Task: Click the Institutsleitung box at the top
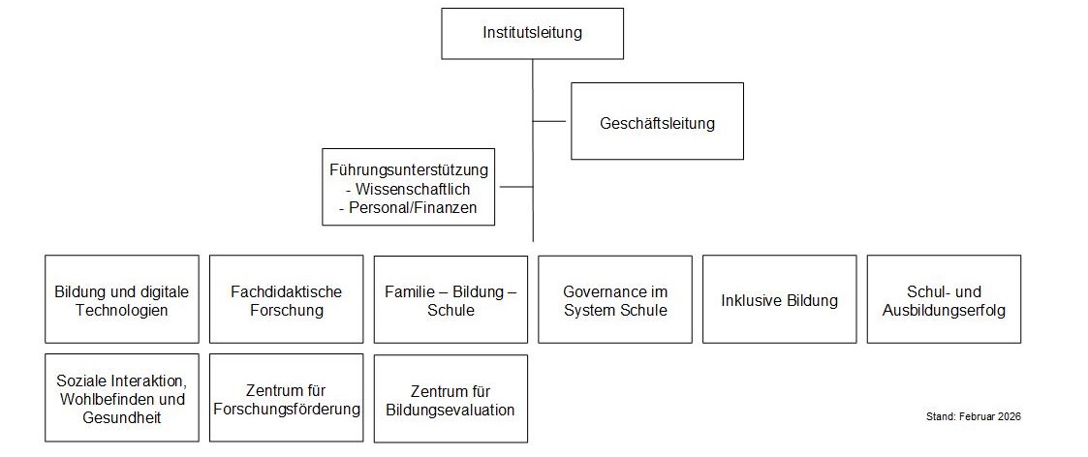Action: pyautogui.click(x=532, y=33)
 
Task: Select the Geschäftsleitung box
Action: pyautogui.click(x=657, y=121)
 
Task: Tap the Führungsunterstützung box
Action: pyautogui.click(x=409, y=187)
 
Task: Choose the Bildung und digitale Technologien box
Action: pyautogui.click(x=122, y=299)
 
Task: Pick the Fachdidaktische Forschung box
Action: pyautogui.click(x=287, y=299)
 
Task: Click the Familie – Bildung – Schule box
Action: pyautogui.click(x=451, y=299)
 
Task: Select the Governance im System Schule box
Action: pyautogui.click(x=615, y=299)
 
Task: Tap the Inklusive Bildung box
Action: pyautogui.click(x=780, y=299)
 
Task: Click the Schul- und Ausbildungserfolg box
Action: pyautogui.click(x=945, y=299)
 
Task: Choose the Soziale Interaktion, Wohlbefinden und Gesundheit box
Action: pyautogui.click(x=122, y=398)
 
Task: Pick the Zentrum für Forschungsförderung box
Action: pyautogui.click(x=287, y=398)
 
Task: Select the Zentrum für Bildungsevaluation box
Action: pyautogui.click(x=451, y=399)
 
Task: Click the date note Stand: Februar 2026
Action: pyautogui.click(x=974, y=416)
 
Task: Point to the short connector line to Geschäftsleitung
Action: pyautogui.click(x=549, y=121)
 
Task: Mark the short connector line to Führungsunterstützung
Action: pyautogui.click(x=516, y=187)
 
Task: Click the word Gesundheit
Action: pyautogui.click(x=122, y=417)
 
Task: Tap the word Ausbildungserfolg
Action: pyautogui.click(x=944, y=310)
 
